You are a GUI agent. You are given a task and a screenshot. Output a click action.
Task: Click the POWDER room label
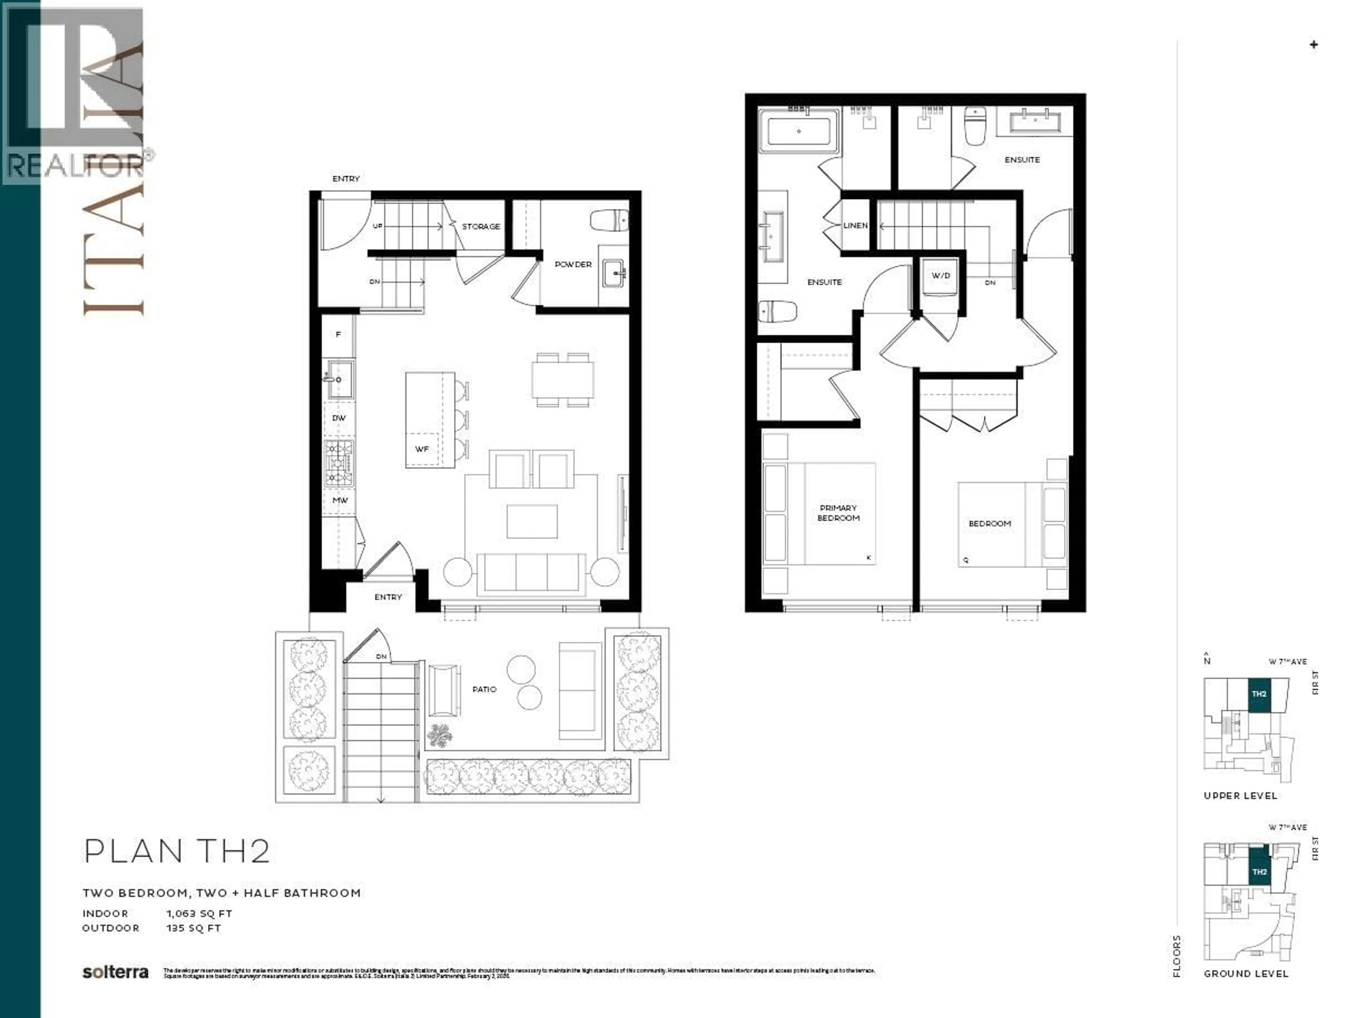(x=573, y=264)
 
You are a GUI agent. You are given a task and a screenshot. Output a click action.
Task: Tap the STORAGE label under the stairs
(x=481, y=227)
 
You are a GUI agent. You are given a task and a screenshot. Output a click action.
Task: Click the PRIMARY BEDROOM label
(x=838, y=513)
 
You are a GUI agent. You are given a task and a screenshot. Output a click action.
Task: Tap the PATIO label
(x=484, y=690)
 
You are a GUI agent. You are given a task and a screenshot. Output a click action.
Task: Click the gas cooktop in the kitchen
(x=339, y=463)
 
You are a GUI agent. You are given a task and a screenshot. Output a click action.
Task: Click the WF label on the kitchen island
(x=422, y=449)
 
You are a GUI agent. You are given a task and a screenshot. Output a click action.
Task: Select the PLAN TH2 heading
(x=177, y=852)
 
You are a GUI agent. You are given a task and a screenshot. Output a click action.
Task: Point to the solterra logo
(x=115, y=973)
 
